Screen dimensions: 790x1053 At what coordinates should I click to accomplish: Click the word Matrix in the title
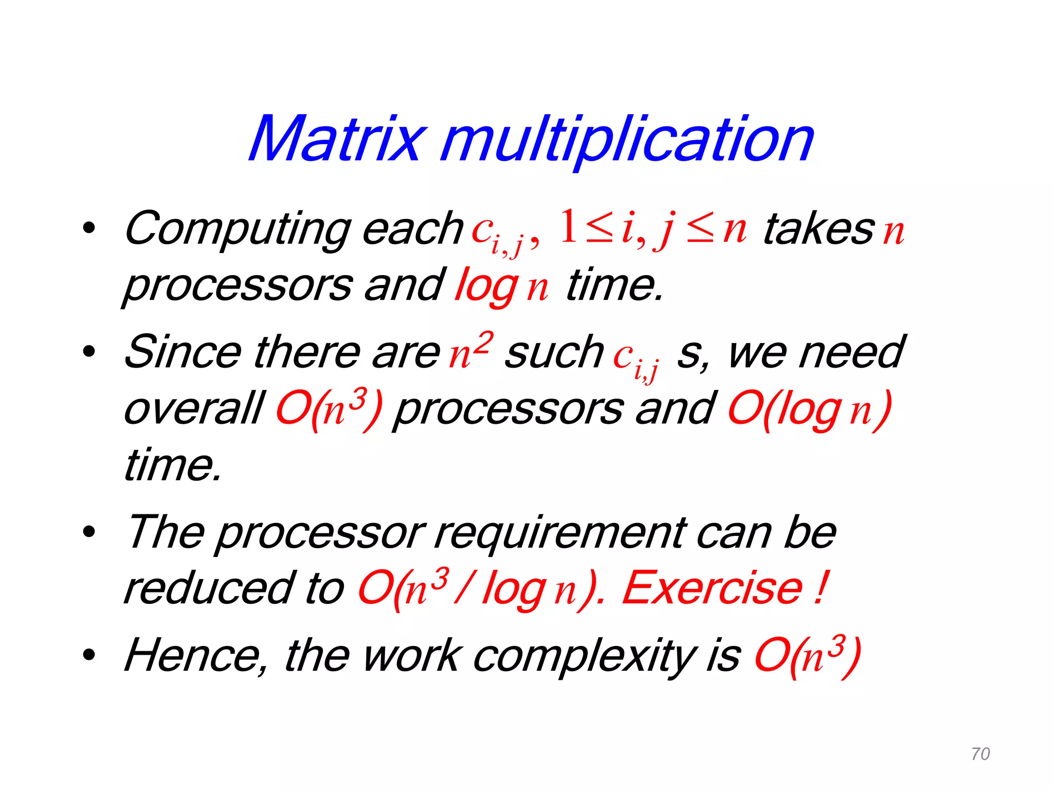(337, 139)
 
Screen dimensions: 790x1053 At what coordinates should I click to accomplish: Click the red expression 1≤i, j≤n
(653, 228)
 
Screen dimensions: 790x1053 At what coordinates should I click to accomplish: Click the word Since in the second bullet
(183, 352)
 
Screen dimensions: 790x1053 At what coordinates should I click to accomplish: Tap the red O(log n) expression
(810, 409)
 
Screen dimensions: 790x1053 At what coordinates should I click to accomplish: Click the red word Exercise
(712, 588)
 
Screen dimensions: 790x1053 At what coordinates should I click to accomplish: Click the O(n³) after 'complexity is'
(807, 657)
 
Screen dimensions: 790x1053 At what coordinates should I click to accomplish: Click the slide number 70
(981, 754)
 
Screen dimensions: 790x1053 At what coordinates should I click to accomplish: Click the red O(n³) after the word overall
(329, 409)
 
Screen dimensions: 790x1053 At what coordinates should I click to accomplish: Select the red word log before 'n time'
(486, 286)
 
